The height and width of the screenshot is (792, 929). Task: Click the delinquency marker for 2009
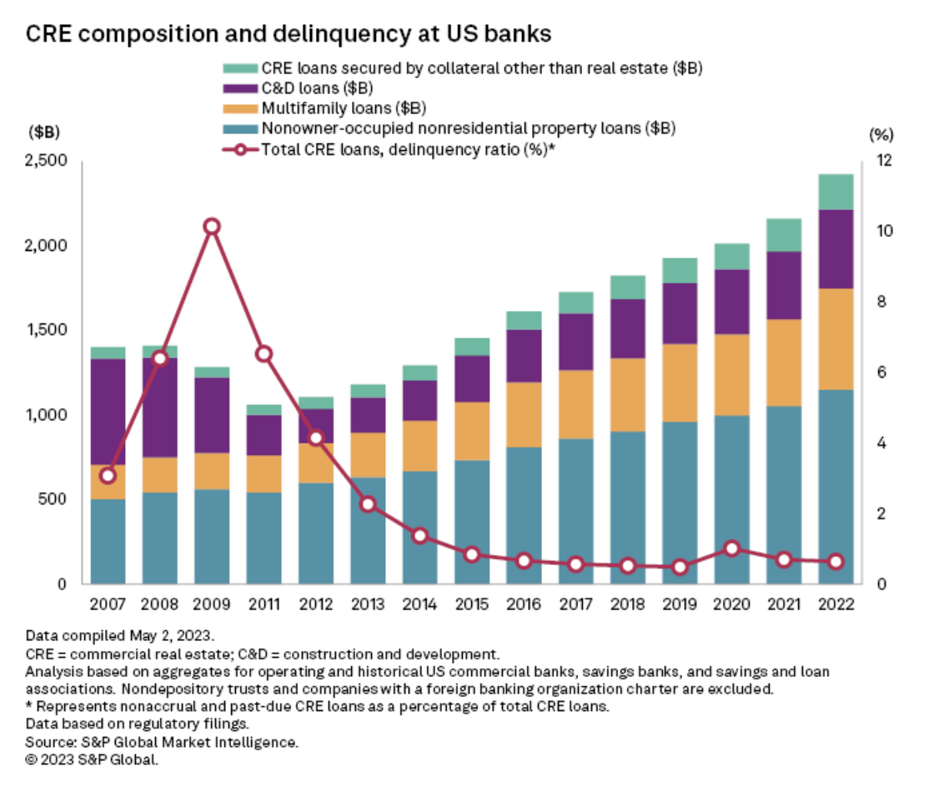212,227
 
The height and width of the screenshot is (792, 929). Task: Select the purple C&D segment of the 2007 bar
108,412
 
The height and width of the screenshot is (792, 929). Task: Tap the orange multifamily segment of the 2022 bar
836,339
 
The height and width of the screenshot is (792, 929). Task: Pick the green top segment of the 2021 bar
784,235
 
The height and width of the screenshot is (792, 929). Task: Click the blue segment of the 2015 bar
471,522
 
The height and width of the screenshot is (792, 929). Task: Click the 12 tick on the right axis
882,160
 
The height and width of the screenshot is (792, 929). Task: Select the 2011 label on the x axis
264,604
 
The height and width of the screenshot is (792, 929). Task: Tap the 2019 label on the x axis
680,604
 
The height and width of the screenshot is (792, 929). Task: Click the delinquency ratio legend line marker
239,149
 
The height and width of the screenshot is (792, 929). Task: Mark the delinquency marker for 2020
732,549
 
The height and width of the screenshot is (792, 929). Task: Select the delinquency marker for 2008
160,358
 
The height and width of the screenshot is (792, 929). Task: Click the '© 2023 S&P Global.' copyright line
92,760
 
